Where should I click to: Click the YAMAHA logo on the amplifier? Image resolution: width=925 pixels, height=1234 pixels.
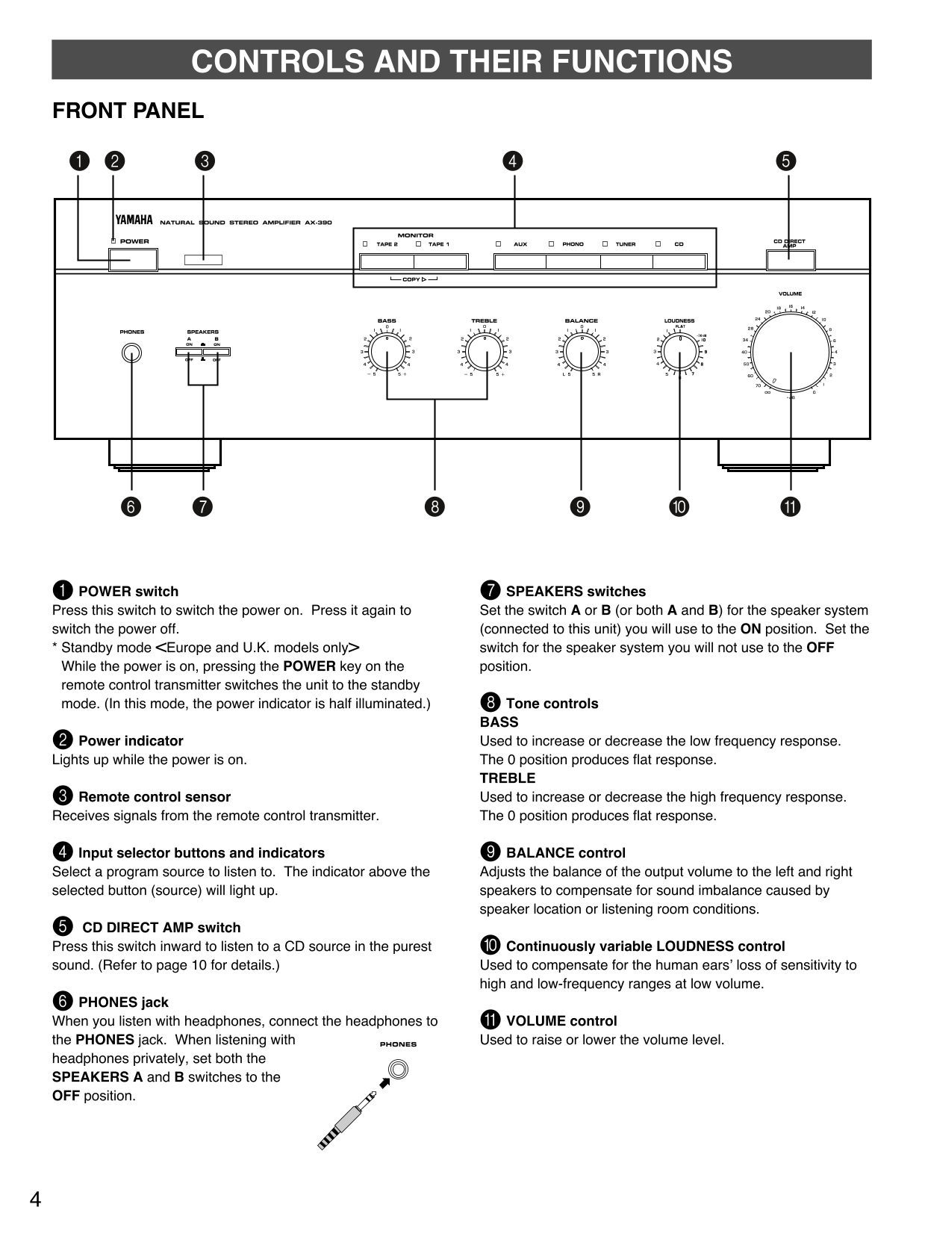click(134, 220)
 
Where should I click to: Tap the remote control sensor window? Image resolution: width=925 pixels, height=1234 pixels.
click(203, 260)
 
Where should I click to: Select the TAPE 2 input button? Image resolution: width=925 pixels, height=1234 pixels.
click(387, 261)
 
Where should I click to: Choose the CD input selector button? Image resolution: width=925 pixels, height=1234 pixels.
click(679, 261)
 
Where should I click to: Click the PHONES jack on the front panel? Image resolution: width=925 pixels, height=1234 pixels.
click(131, 353)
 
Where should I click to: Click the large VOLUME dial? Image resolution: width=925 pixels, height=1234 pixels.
click(790, 353)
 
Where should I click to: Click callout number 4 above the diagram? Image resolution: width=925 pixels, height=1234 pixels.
click(512, 161)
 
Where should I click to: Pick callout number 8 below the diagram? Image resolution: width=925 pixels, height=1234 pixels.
click(434, 506)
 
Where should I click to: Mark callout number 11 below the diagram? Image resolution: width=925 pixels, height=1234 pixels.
click(790, 506)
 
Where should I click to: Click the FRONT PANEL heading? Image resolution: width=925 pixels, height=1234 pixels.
click(128, 111)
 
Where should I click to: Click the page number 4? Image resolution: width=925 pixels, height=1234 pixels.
click(35, 1200)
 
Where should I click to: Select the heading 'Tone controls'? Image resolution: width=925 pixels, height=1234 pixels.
click(552, 703)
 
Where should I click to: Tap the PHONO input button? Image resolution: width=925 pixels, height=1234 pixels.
click(573, 261)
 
